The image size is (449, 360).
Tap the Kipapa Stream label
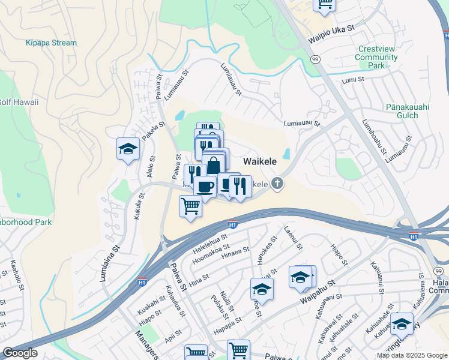pos(51,43)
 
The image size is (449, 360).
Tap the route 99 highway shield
pos(315,59)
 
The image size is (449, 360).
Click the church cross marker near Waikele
pos(277,183)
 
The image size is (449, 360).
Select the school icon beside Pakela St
pos(128,149)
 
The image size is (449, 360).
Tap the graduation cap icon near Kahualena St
pos(402,323)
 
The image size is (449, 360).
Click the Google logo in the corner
pos(20,352)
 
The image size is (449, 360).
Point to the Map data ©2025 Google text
pos(411,355)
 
